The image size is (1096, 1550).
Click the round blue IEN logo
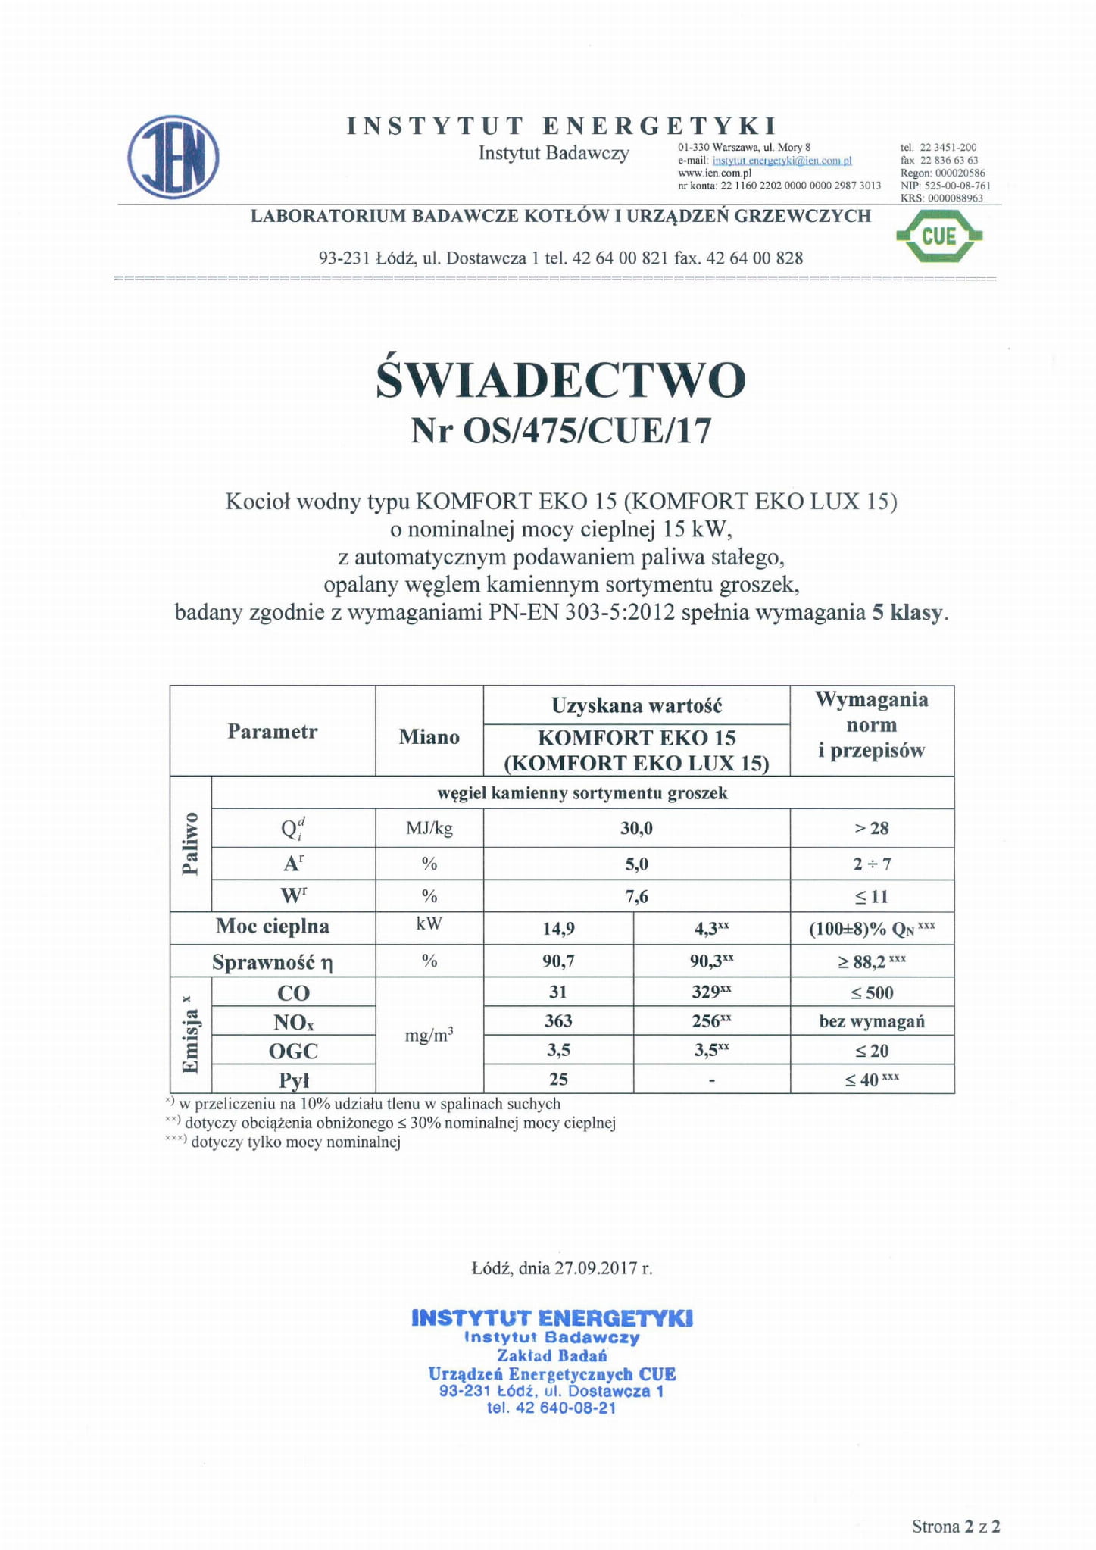pyautogui.click(x=173, y=158)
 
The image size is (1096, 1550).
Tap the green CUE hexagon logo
pyautogui.click(x=938, y=236)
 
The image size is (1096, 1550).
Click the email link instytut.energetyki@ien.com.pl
pyautogui.click(x=782, y=161)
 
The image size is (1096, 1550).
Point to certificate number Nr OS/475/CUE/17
pyautogui.click(x=560, y=432)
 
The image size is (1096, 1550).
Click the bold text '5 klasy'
pyautogui.click(x=907, y=613)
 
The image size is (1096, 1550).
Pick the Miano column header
pyautogui.click(x=429, y=737)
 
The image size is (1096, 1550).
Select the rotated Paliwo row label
pyautogui.click(x=190, y=843)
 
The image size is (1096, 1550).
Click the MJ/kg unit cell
pyautogui.click(x=429, y=828)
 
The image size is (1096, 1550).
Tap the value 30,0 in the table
pyautogui.click(x=636, y=829)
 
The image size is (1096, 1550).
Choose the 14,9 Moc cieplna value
pyautogui.click(x=558, y=929)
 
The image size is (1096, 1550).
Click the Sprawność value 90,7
pyautogui.click(x=558, y=961)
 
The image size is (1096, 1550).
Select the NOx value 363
pyautogui.click(x=558, y=1021)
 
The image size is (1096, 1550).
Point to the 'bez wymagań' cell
pyautogui.click(x=872, y=1021)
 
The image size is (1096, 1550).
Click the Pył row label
pyautogui.click(x=294, y=1080)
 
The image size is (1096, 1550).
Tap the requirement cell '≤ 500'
pyautogui.click(x=872, y=993)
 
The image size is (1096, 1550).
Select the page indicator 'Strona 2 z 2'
pyautogui.click(x=956, y=1527)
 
